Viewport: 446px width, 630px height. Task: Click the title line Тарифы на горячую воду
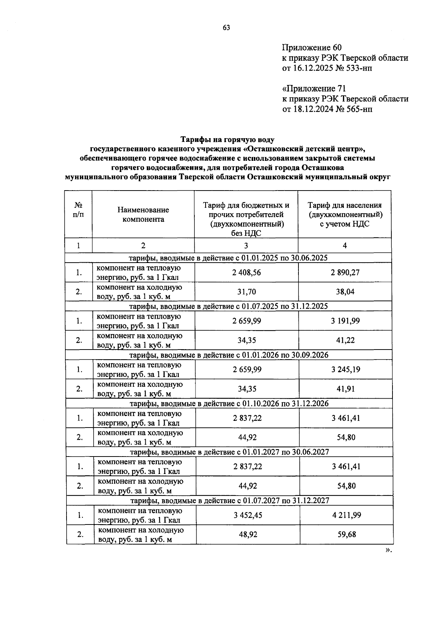(x=227, y=140)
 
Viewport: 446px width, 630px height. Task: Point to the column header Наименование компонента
(x=143, y=214)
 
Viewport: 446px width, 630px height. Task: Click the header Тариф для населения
(x=345, y=205)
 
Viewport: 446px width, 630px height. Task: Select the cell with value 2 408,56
(x=246, y=272)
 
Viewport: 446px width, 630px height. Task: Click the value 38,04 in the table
(x=345, y=292)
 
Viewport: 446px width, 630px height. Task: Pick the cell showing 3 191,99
(x=345, y=321)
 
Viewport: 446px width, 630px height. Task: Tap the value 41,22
(x=345, y=340)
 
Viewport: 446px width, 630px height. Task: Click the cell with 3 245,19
(x=346, y=369)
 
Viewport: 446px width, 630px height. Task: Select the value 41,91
(x=346, y=389)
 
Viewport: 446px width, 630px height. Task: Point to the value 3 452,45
(x=248, y=515)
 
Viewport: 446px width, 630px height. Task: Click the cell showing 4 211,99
(x=346, y=515)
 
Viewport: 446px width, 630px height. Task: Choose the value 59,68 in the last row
(x=346, y=534)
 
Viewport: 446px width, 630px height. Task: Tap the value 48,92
(x=248, y=534)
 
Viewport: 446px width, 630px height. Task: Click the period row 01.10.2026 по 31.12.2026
(x=229, y=403)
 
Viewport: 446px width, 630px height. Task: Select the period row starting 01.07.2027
(x=229, y=500)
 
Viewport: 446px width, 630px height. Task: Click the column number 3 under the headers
(x=246, y=246)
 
